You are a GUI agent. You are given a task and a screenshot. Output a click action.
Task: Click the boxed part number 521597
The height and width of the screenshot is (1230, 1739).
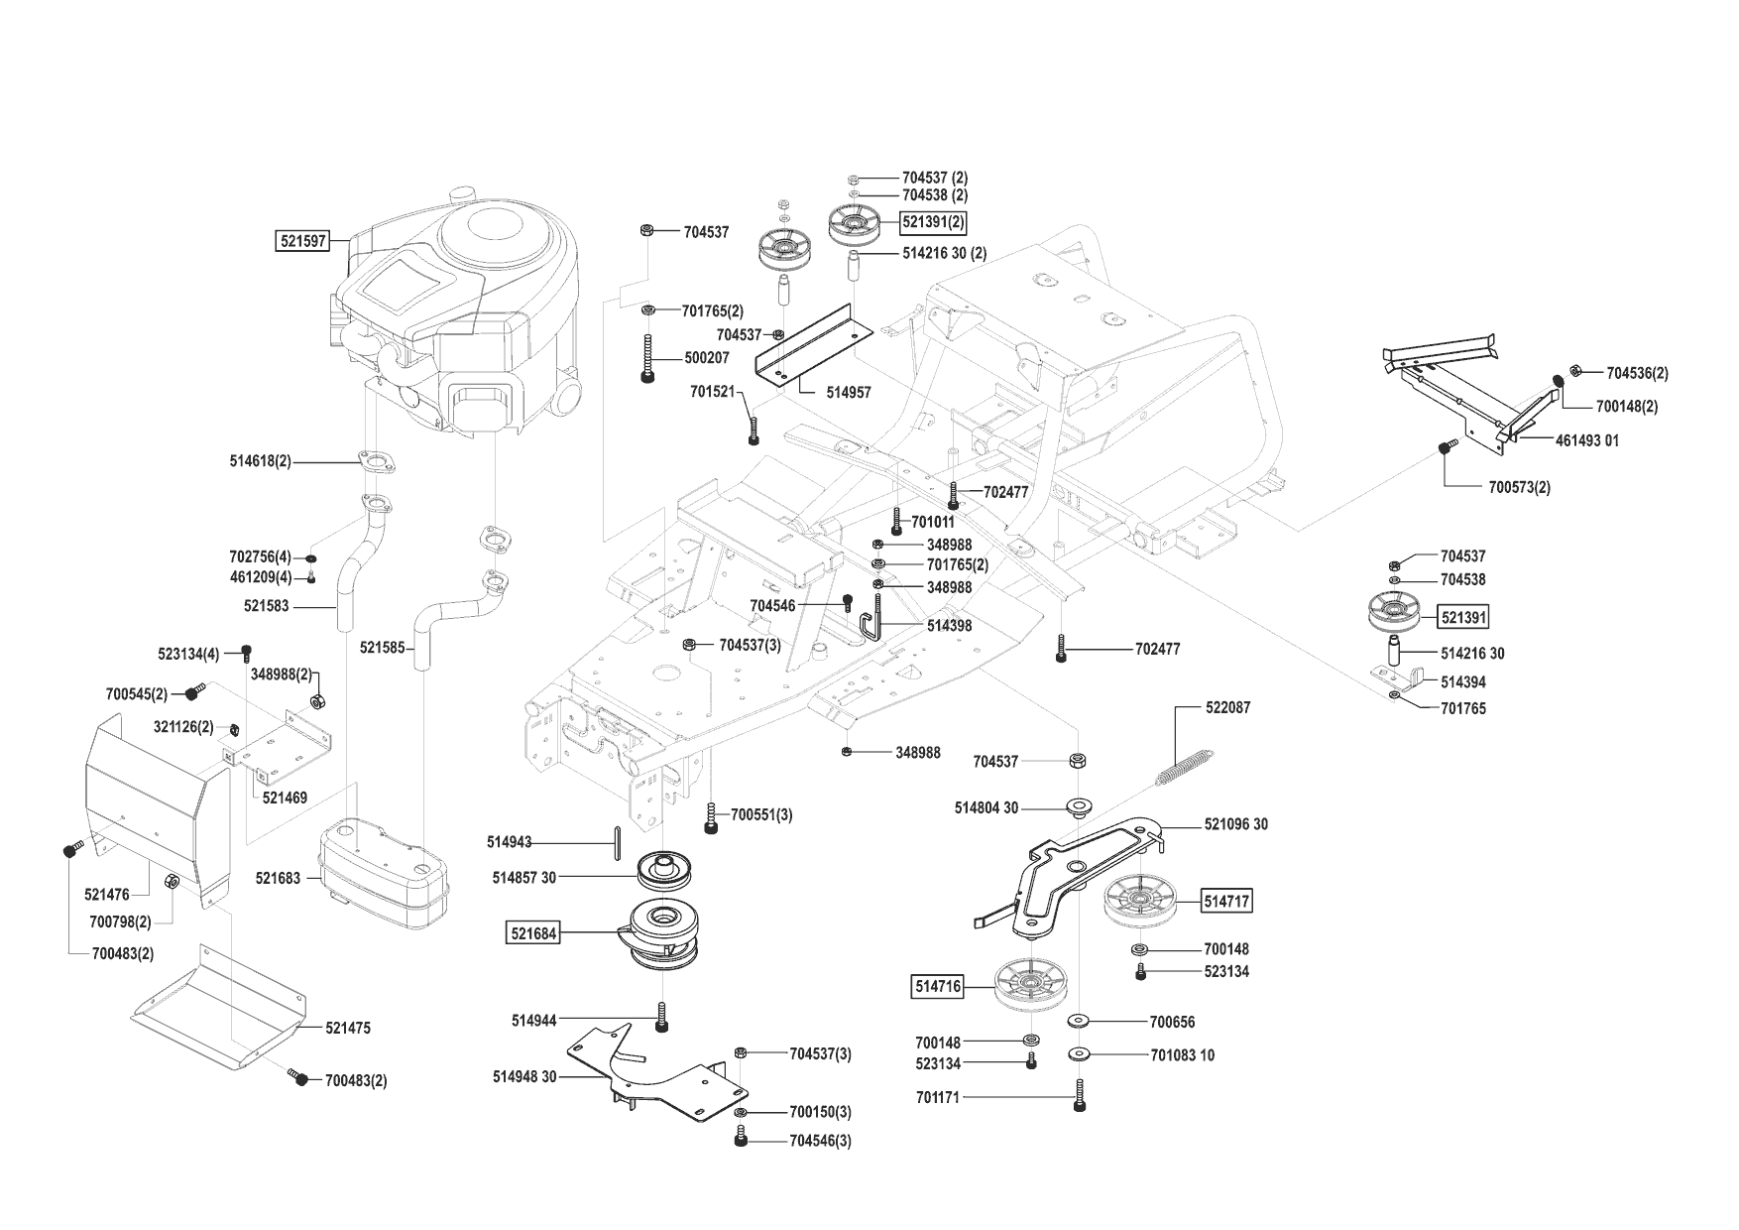pos(302,240)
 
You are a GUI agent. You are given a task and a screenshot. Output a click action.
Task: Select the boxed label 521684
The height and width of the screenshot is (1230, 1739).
pos(533,933)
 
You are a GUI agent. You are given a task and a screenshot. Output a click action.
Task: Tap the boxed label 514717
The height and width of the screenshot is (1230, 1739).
pos(1226,901)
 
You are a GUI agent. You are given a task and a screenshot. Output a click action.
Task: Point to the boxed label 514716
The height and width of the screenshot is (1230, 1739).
pos(937,986)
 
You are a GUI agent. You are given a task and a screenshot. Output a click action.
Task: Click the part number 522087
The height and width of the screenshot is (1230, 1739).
pos(1227,707)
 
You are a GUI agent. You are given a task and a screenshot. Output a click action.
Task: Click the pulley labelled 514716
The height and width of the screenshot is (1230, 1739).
pos(1030,984)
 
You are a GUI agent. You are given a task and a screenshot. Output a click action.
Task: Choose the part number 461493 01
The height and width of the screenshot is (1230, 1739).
pos(1586,439)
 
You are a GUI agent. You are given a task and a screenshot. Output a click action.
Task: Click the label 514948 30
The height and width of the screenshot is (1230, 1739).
pos(524,1076)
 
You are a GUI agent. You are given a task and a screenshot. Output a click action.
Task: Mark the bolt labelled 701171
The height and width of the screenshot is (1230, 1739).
pos(1078,1097)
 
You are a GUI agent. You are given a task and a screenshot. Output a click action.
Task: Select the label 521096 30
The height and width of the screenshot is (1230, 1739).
pos(1235,824)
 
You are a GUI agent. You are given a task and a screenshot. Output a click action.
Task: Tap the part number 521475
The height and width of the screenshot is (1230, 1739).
pos(347,1028)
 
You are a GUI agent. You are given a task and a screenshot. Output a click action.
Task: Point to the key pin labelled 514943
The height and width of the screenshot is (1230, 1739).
pos(617,842)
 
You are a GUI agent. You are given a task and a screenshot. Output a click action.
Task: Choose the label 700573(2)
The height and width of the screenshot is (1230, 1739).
pos(1519,487)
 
